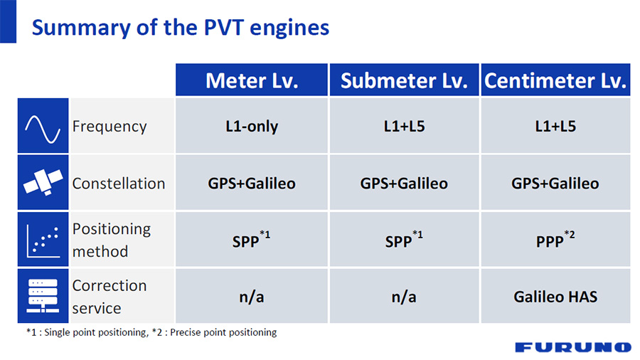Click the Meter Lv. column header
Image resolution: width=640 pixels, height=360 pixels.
pos(252,80)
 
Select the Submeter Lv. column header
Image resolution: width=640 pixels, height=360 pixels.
pos(404,80)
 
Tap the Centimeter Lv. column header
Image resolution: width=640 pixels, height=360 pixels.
pos(555,80)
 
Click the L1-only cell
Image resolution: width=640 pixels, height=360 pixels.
pos(252,126)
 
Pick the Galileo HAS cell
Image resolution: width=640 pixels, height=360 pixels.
pos(555,297)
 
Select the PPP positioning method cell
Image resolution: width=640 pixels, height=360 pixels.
pos(555,240)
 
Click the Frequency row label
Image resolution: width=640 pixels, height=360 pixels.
pos(110,126)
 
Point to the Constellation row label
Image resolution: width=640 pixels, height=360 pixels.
pos(119,184)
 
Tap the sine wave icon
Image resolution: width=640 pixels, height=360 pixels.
pos(43,129)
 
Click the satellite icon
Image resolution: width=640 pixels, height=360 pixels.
pos(43,182)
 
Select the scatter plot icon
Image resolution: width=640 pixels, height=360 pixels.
pos(43,240)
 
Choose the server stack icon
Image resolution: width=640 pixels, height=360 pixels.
pos(43,296)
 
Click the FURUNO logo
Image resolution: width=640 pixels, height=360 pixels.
pos(573,347)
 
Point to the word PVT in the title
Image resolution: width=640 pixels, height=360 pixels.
pos(224,27)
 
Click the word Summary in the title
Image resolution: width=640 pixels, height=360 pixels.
pos(81,28)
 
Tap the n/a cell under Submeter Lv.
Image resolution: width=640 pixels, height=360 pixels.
pos(404,297)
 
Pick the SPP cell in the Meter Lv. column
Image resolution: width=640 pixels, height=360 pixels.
pos(252,240)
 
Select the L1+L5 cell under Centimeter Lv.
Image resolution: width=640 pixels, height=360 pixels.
pos(555,126)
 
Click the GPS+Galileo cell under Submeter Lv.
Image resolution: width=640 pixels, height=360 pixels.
pos(404,183)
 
